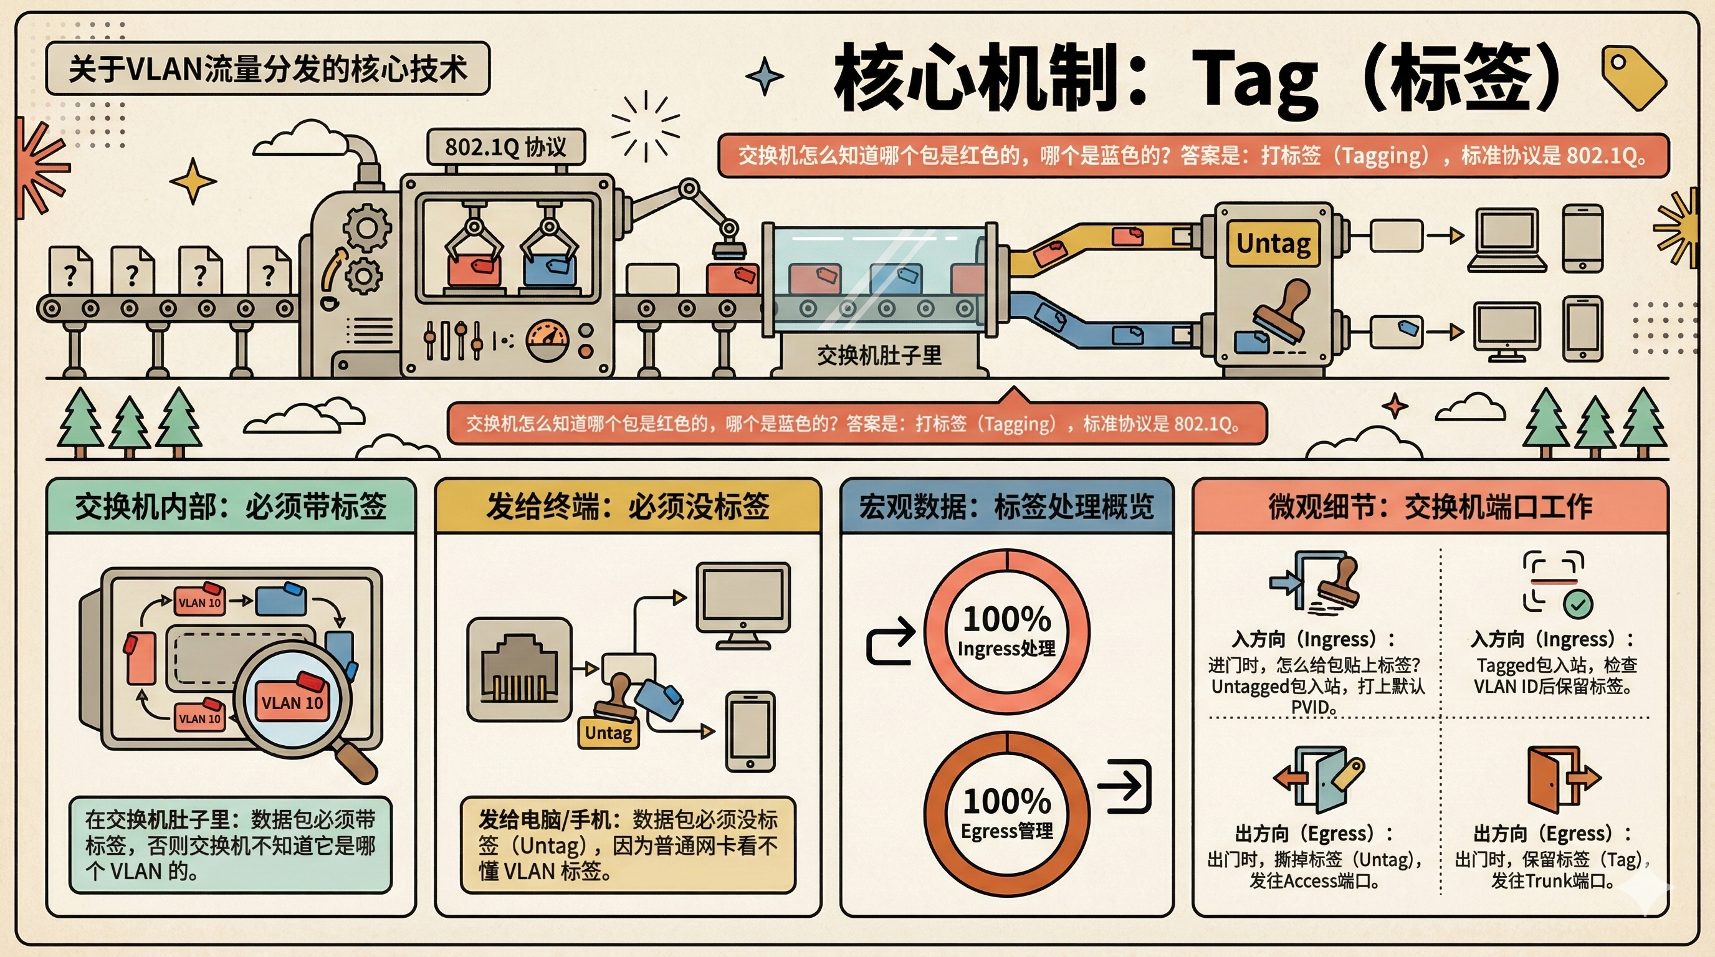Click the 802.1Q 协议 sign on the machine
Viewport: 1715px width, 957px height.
(505, 147)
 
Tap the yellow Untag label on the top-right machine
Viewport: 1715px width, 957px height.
(1273, 244)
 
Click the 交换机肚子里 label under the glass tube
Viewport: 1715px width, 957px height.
(879, 355)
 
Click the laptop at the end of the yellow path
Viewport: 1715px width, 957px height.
(1507, 240)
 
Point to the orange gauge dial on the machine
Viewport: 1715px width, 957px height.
(547, 341)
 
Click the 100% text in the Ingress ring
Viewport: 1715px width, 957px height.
(1006, 619)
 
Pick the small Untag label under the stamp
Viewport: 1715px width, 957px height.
(608, 733)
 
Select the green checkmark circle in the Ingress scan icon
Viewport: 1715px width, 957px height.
(1577, 604)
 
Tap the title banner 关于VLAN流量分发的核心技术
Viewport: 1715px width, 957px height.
(267, 69)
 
